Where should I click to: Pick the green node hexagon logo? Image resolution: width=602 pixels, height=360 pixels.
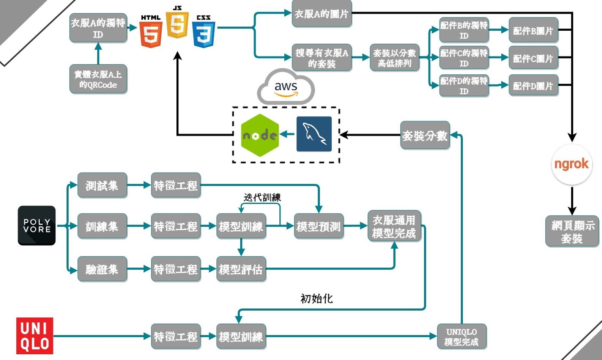[260, 135]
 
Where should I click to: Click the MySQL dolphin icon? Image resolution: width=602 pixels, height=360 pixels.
[314, 134]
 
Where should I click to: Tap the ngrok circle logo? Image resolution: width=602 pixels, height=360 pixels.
[572, 164]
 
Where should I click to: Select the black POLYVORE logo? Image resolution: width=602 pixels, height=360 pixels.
[37, 226]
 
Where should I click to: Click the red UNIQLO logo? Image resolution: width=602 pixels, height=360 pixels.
[35, 336]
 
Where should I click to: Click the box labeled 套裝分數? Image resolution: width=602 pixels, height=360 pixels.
[425, 135]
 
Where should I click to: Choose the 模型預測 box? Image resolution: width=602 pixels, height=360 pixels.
[319, 226]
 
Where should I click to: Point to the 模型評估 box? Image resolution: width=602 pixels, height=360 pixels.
[241, 269]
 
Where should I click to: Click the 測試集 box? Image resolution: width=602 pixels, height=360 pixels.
[102, 186]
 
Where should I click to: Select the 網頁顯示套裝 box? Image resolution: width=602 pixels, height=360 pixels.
[572, 231]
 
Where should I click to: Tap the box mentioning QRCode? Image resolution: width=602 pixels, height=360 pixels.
[98, 79]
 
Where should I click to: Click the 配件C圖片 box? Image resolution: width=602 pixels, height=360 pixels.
[533, 58]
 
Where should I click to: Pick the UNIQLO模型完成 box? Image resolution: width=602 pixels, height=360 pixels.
[462, 336]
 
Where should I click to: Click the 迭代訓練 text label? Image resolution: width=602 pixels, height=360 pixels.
[262, 197]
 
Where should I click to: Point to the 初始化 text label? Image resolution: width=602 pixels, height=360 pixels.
[317, 299]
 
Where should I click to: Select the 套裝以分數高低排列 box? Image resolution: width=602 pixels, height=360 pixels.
[394, 58]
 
